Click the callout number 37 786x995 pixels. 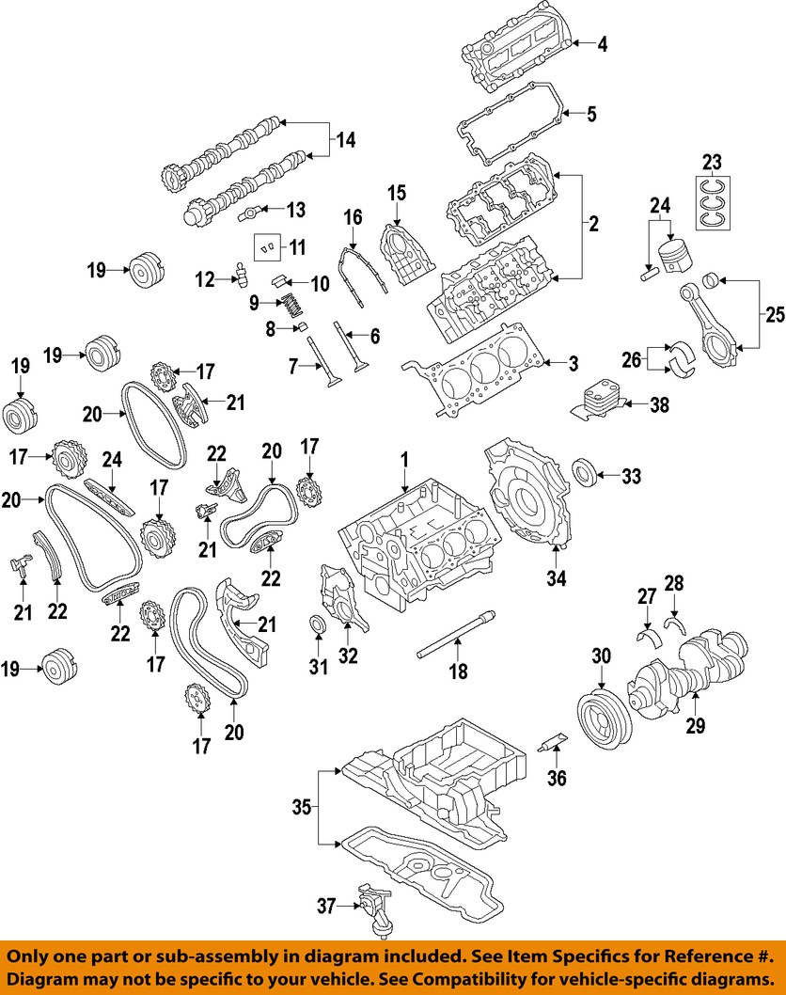coord(326,907)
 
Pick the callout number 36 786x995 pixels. coord(558,778)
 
